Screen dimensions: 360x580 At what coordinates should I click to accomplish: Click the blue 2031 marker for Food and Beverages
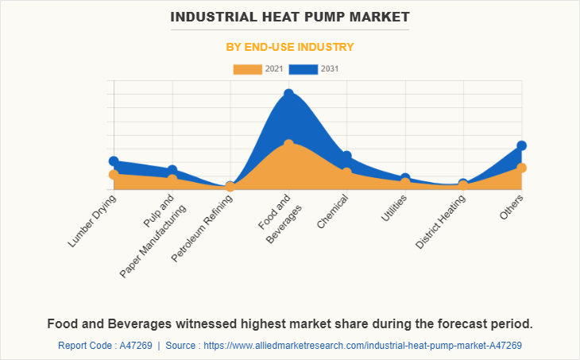pyautogui.click(x=289, y=94)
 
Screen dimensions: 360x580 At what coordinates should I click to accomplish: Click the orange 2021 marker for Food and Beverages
pyautogui.click(x=289, y=144)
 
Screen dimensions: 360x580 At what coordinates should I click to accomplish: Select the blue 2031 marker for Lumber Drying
pyautogui.click(x=114, y=161)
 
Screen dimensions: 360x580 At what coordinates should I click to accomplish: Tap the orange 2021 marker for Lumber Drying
pyautogui.click(x=114, y=174)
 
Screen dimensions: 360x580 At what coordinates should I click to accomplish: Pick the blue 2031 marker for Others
pyautogui.click(x=522, y=145)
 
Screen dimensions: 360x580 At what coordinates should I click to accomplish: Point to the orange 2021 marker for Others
pyautogui.click(x=522, y=168)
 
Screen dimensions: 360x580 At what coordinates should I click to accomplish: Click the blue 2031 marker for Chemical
pyautogui.click(x=347, y=156)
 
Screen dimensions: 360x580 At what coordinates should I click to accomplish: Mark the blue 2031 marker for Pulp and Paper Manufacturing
pyautogui.click(x=172, y=170)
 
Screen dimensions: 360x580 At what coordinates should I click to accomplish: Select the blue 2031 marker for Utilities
pyautogui.click(x=405, y=178)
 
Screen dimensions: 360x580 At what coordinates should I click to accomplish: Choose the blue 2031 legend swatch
pyautogui.click(x=304, y=69)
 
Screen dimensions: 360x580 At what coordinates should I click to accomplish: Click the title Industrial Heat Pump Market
pyautogui.click(x=289, y=16)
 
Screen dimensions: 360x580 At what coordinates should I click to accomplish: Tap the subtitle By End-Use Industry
pyautogui.click(x=289, y=47)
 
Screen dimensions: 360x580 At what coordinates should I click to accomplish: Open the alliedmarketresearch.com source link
pyautogui.click(x=363, y=346)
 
